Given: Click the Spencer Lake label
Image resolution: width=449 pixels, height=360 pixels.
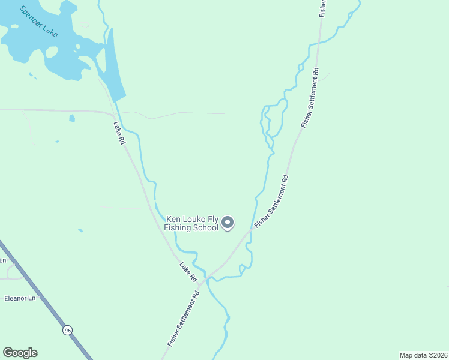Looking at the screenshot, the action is (x=38, y=22).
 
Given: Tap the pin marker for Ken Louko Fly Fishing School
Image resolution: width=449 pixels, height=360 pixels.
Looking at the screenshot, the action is (x=228, y=223).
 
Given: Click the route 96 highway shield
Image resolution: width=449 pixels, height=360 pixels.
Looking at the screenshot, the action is (x=67, y=329).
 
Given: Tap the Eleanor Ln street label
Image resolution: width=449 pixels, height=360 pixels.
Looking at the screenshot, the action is (x=20, y=298).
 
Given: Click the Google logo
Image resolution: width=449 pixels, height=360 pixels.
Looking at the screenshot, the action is (x=20, y=353).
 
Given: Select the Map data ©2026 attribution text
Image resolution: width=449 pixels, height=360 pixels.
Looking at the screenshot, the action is (x=423, y=355).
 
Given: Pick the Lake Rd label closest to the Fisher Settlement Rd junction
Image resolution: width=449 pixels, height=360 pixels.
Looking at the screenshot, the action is (x=188, y=272).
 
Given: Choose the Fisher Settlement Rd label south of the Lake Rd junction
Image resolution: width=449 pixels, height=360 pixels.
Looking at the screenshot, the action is (x=184, y=319).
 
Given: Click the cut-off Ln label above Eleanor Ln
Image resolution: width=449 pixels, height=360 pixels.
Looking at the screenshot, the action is (x=3, y=260).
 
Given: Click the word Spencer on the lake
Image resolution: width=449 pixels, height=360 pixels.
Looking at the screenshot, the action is (x=29, y=16).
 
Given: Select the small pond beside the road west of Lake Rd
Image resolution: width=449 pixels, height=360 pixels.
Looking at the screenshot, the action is (x=72, y=118).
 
